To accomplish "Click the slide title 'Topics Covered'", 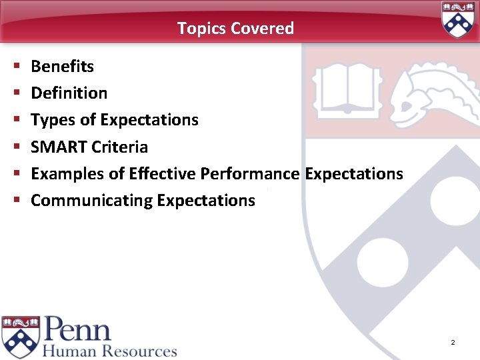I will [x=235, y=28].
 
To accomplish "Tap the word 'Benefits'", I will [x=62, y=67].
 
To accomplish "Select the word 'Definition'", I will [x=69, y=93].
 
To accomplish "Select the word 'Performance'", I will [x=250, y=174].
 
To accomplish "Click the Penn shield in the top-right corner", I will [x=458, y=19].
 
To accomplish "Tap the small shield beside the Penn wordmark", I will [x=20, y=337].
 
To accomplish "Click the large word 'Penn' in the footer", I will [x=77, y=329].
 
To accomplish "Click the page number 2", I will [x=453, y=343].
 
